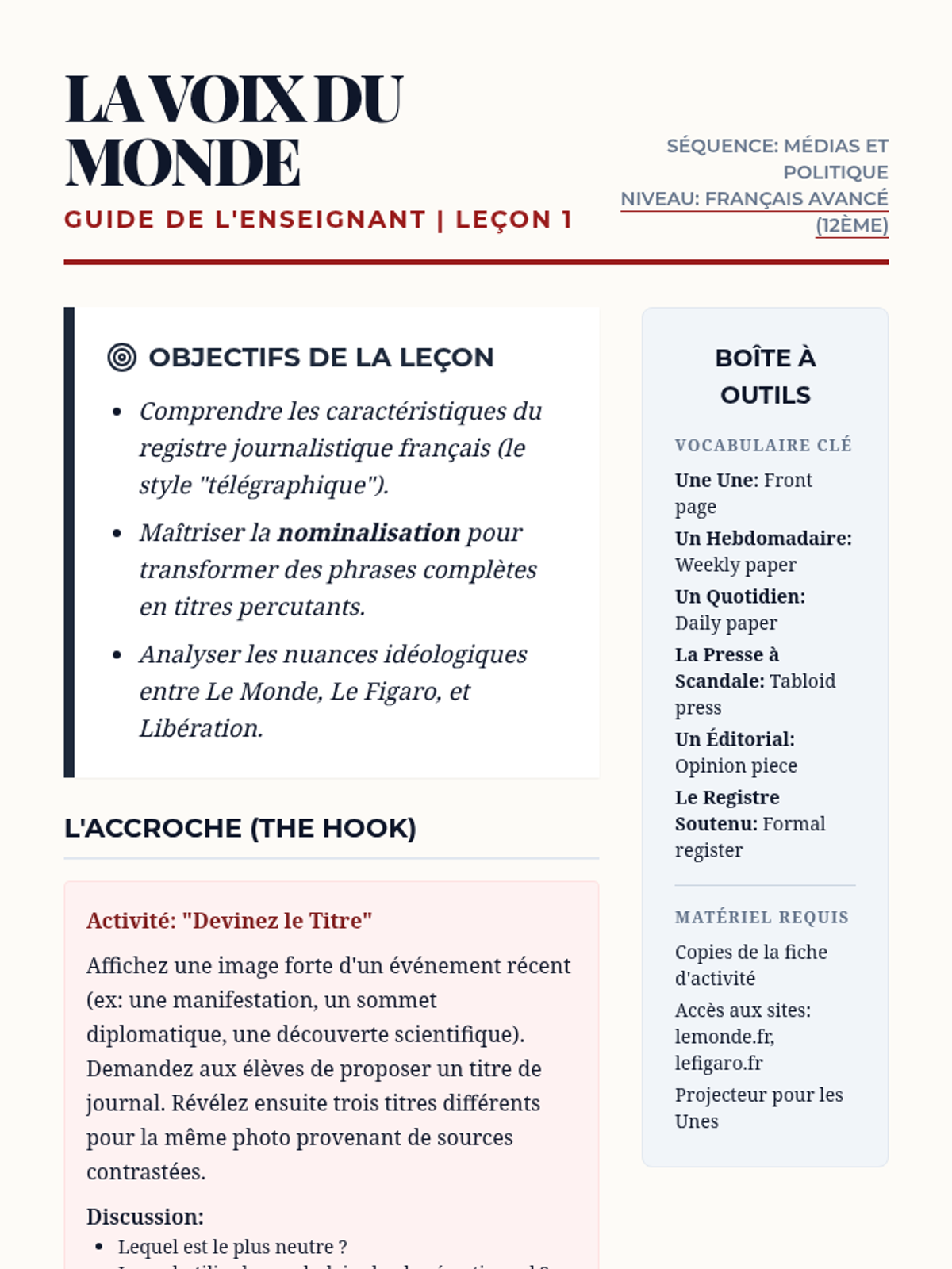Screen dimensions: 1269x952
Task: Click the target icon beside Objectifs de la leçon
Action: [121, 358]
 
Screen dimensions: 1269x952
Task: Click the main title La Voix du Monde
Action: [234, 131]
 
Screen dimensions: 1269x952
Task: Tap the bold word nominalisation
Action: [369, 532]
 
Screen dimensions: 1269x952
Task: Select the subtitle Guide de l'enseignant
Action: [245, 220]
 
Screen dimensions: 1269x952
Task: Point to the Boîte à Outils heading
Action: [765, 376]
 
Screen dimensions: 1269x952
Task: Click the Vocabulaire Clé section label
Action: [763, 445]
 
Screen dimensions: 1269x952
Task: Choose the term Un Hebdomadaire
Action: [763, 539]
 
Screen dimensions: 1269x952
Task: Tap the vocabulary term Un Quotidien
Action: [739, 596]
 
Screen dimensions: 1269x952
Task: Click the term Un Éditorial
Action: [735, 739]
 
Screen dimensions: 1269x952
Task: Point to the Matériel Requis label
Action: [762, 917]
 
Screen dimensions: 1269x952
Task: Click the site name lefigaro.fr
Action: [719, 1063]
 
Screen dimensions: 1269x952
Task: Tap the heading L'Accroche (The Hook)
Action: [240, 828]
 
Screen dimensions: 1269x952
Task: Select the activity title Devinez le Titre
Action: [229, 921]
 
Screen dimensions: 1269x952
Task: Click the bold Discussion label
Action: [145, 1217]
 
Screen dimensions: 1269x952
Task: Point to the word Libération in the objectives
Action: [200, 728]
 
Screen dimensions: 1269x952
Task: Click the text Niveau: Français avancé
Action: [754, 199]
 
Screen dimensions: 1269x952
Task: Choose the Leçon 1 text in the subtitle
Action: [513, 220]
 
